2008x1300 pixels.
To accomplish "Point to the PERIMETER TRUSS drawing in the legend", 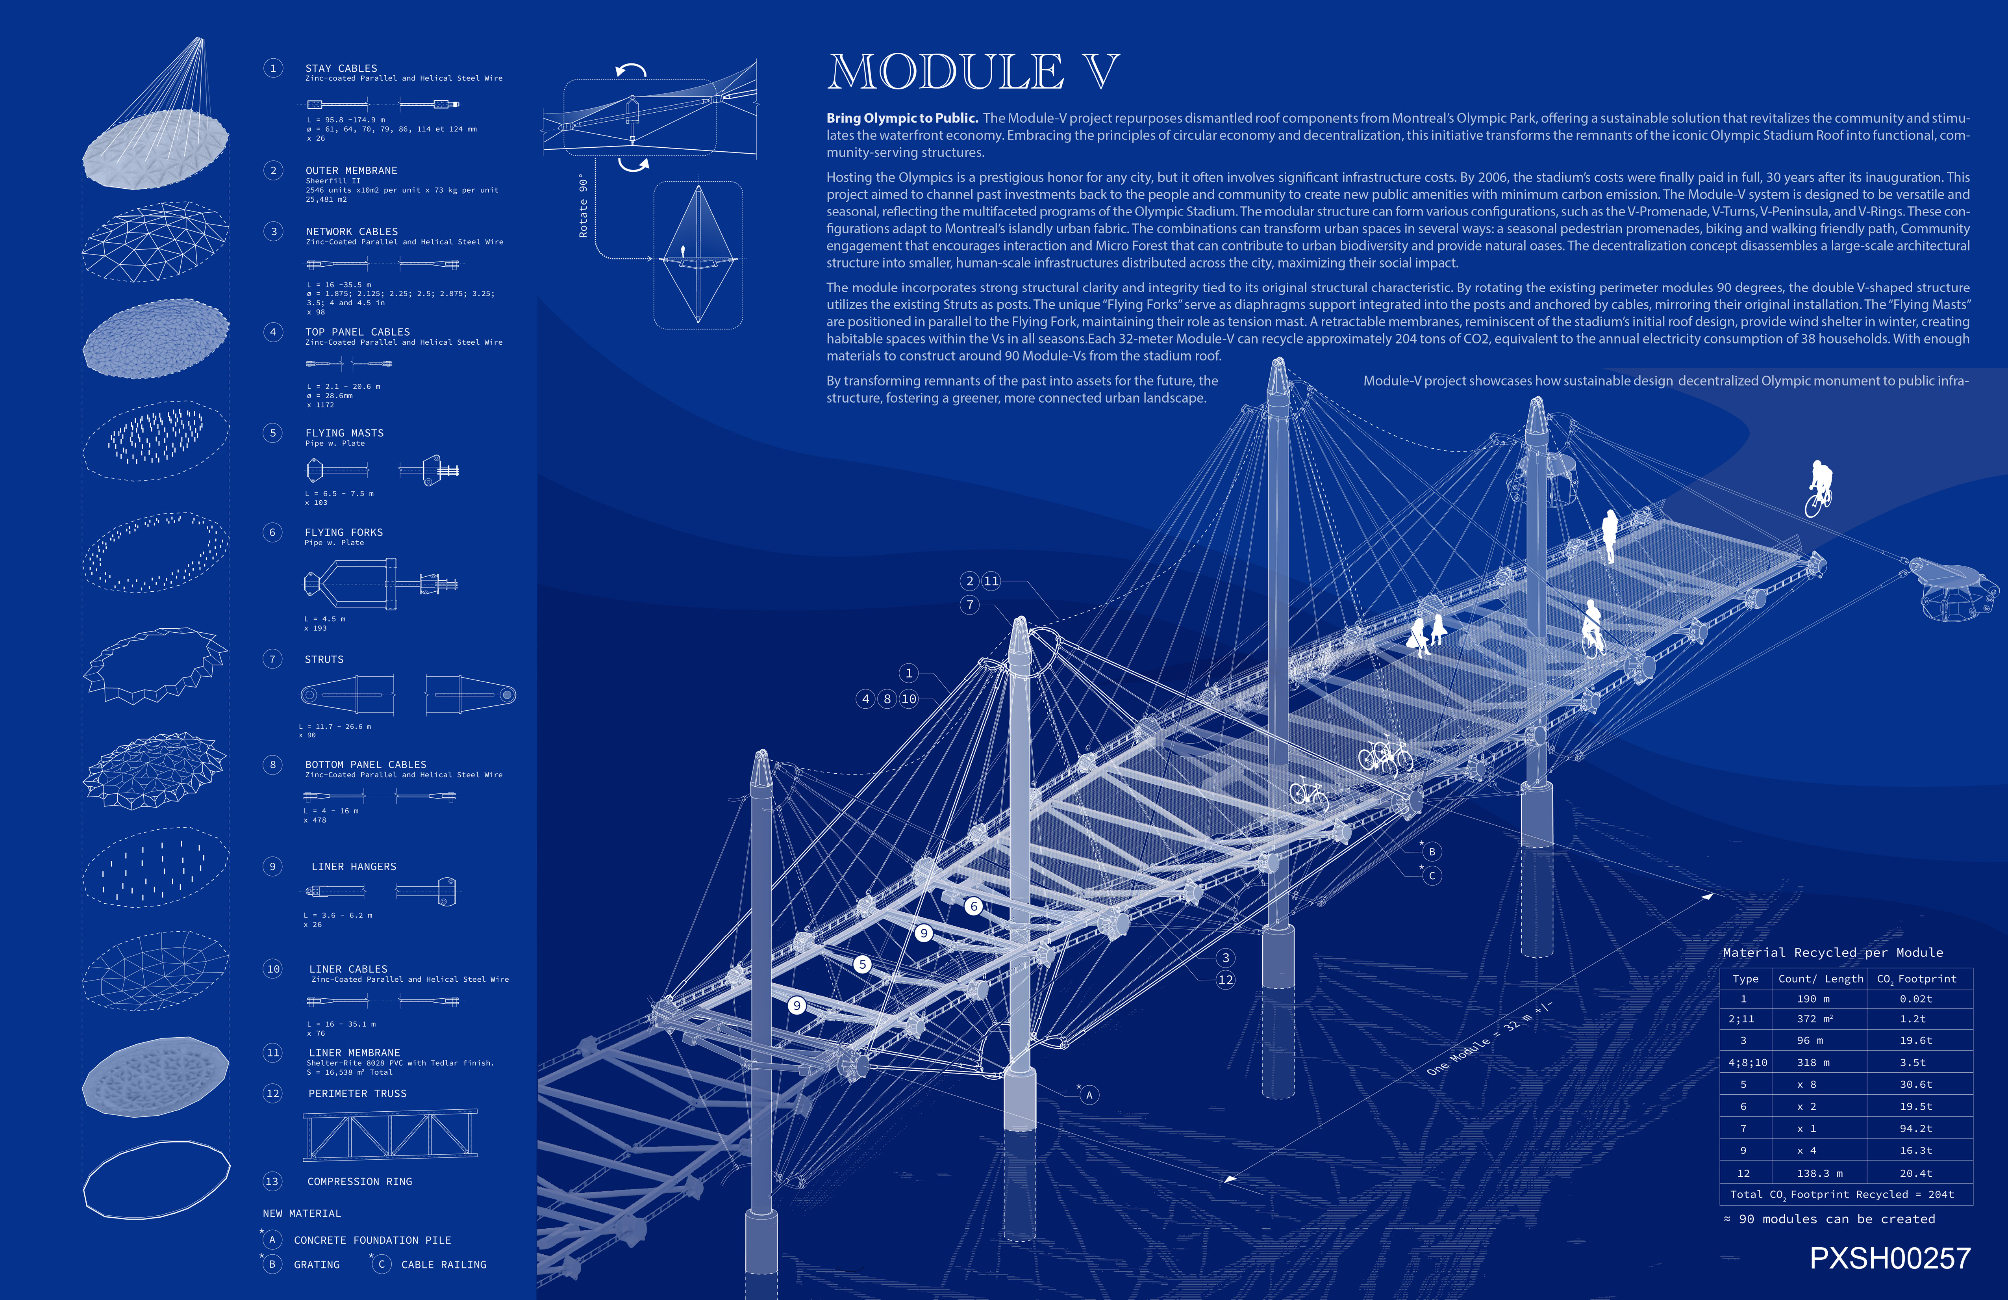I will click(390, 1135).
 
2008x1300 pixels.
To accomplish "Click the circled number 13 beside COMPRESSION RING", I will click(272, 1181).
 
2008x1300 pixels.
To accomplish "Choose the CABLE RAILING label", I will click(444, 1265).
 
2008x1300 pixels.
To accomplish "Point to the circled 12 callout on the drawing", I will click(1225, 980).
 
